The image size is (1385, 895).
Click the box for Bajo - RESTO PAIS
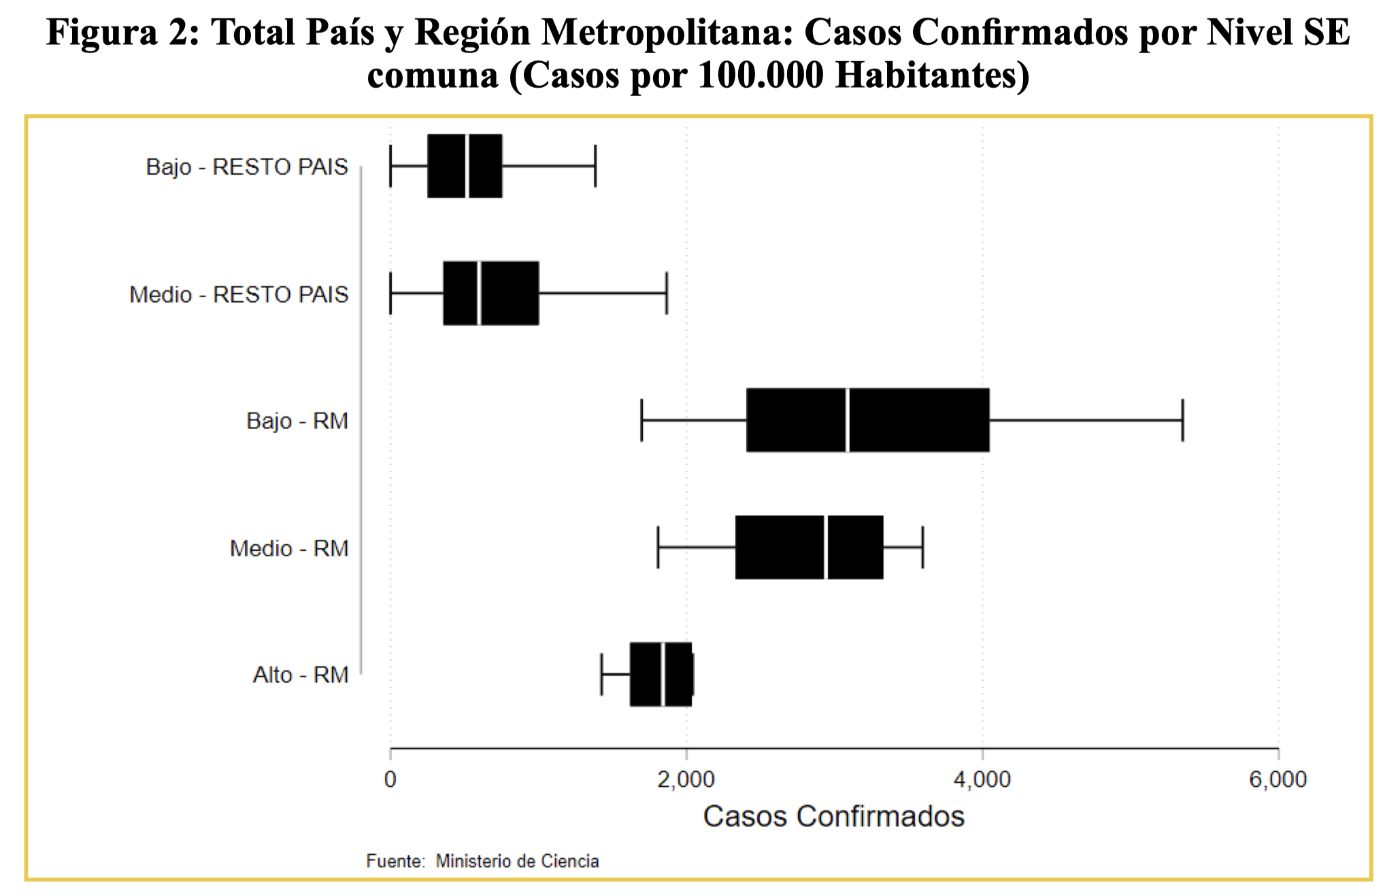tap(465, 166)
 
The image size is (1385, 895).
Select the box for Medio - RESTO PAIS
tap(491, 293)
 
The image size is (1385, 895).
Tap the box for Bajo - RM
tap(868, 420)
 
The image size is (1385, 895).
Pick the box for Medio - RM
tap(810, 547)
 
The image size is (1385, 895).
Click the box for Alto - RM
tap(661, 675)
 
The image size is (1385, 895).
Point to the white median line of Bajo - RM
tap(848, 420)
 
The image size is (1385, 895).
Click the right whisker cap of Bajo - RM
tap(1183, 420)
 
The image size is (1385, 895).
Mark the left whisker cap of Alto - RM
tap(601, 675)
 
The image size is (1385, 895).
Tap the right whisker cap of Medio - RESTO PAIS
tap(667, 293)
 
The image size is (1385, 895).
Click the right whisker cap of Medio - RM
tap(922, 547)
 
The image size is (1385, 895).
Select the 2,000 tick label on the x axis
tap(686, 779)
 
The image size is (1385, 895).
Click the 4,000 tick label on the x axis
tap(982, 779)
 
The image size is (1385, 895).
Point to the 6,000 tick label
tap(1278, 779)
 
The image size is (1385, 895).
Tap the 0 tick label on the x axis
tap(390, 779)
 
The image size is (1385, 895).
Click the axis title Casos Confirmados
tap(834, 816)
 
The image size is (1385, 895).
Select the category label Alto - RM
tap(301, 675)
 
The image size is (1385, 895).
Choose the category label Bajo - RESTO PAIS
tap(247, 167)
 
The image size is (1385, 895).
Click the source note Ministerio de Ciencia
tap(518, 861)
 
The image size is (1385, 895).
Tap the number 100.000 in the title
tap(761, 75)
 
